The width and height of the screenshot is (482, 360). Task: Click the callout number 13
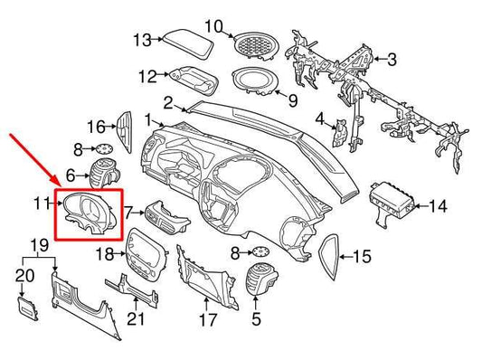tap(142, 40)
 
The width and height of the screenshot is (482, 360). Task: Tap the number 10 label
tap(212, 24)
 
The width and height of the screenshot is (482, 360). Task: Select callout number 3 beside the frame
tap(392, 60)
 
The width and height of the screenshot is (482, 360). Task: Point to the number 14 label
tap(437, 207)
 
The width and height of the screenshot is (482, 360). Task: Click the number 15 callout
tap(361, 258)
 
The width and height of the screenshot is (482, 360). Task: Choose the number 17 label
tap(207, 319)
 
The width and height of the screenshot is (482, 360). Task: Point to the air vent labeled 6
tap(105, 173)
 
